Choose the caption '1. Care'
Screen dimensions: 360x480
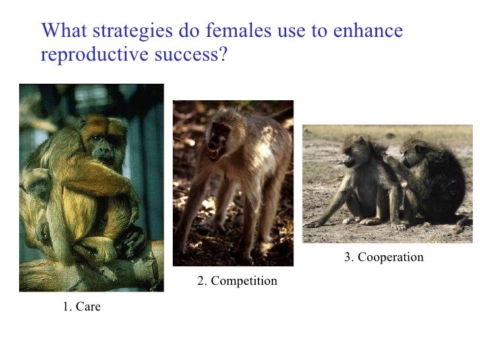(x=82, y=306)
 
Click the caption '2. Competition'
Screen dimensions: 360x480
(x=237, y=282)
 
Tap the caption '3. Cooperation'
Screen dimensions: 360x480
(x=384, y=257)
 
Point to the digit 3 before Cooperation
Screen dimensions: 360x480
(x=347, y=257)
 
